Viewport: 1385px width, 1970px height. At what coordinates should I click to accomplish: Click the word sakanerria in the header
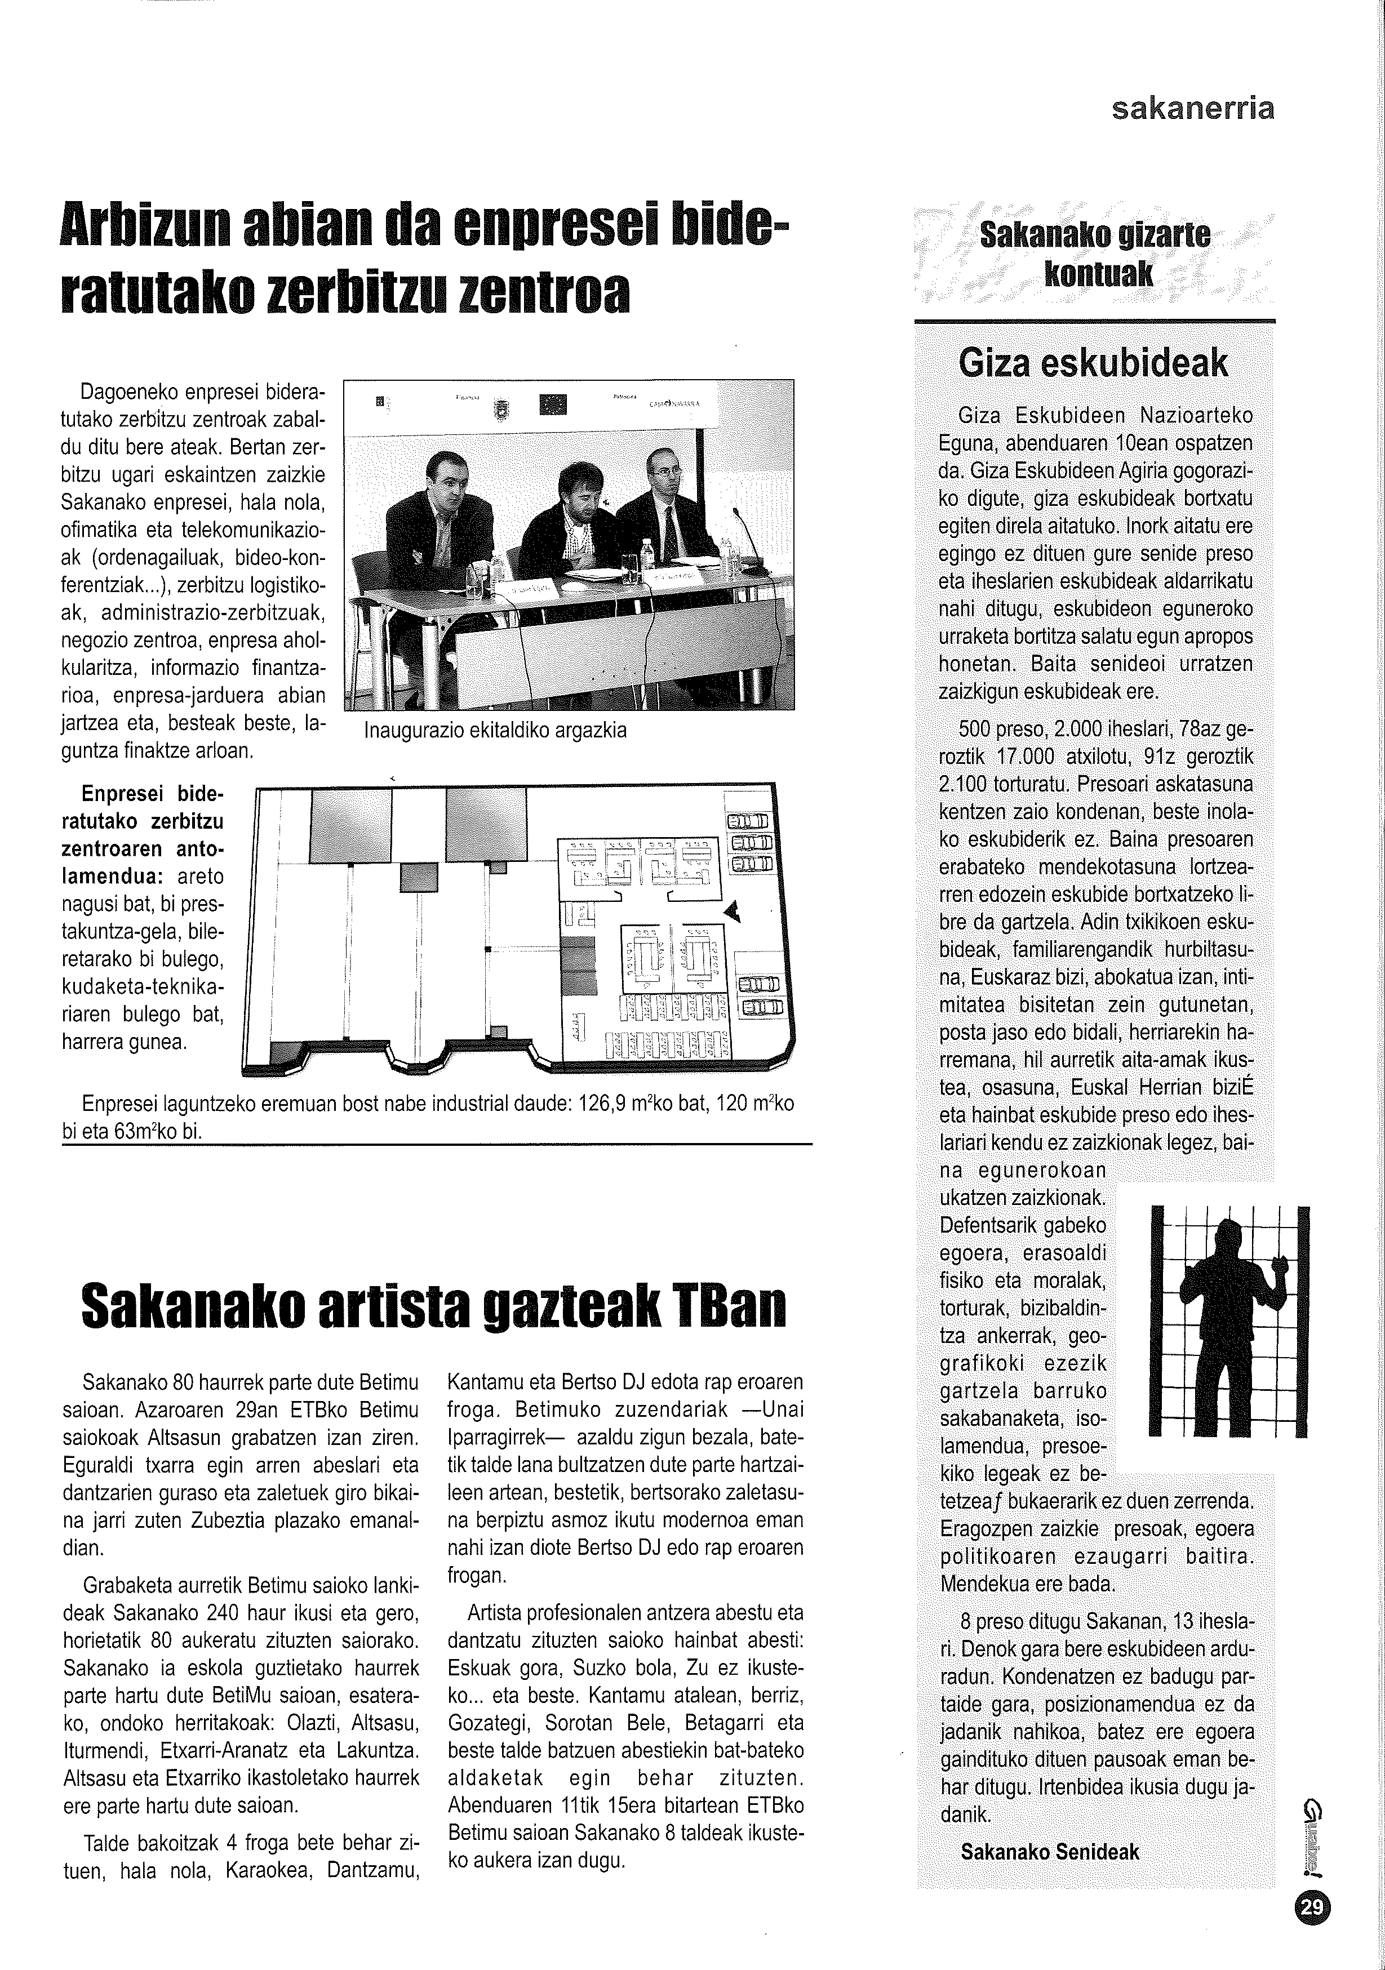click(1192, 108)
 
